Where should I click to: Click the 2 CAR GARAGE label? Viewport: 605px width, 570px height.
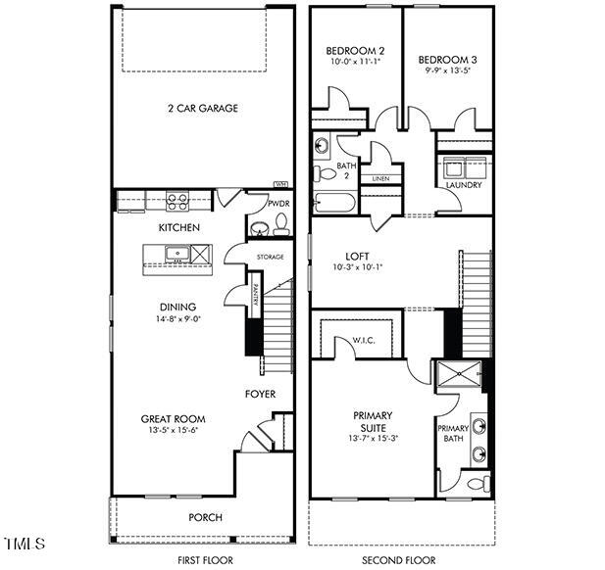[202, 109]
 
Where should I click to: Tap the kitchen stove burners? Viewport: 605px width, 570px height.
[177, 203]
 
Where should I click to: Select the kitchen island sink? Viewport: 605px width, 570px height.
[178, 255]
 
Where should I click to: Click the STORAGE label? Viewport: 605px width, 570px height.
[270, 257]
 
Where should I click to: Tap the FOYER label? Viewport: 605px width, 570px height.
[260, 394]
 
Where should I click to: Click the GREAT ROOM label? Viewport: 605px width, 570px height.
[173, 418]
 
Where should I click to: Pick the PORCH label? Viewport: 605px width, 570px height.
[205, 517]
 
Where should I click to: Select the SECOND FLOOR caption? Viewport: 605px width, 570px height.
[399, 559]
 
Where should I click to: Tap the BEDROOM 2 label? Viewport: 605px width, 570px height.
[355, 50]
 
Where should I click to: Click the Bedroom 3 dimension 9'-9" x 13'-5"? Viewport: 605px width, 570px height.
[447, 71]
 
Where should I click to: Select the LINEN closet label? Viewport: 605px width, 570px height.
[379, 178]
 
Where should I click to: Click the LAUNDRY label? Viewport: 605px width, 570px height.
[463, 184]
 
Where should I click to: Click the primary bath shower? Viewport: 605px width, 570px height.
[458, 375]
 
